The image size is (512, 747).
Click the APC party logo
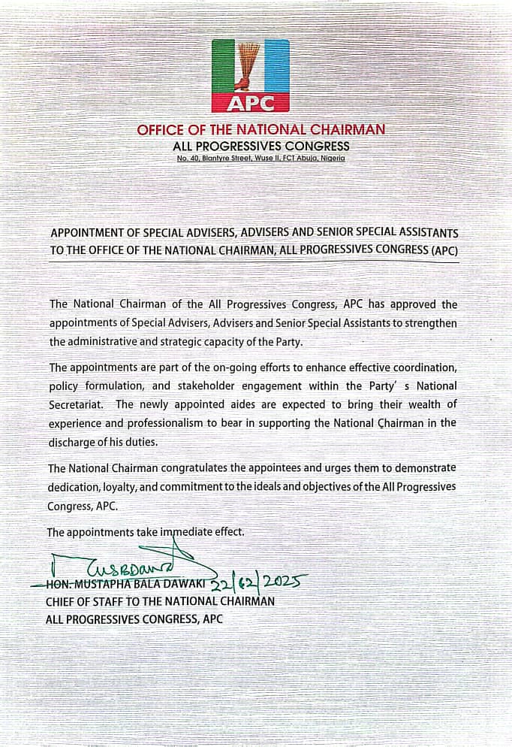pos(251,76)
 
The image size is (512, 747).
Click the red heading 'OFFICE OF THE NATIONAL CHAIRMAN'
pos(261,130)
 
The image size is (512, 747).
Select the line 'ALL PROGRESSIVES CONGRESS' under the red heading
pos(261,146)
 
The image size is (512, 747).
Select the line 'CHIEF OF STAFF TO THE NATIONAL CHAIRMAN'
pos(160,601)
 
